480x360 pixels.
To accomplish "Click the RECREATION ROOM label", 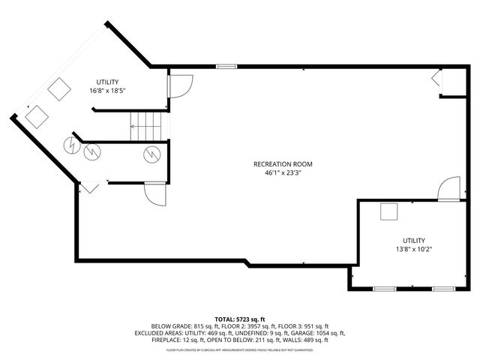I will (x=283, y=164).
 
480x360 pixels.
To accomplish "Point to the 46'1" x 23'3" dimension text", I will (x=283, y=172).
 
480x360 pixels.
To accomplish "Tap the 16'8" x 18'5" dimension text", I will (x=107, y=90).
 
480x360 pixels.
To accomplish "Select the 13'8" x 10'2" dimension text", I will (x=413, y=249).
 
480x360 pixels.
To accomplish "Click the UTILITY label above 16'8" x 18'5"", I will (x=107, y=82).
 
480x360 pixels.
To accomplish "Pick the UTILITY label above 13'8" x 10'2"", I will (x=413, y=240).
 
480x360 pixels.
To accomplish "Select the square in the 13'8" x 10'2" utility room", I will (x=388, y=212).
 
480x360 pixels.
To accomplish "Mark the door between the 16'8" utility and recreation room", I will (x=181, y=86).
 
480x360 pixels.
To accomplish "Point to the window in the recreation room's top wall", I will (x=226, y=67).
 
